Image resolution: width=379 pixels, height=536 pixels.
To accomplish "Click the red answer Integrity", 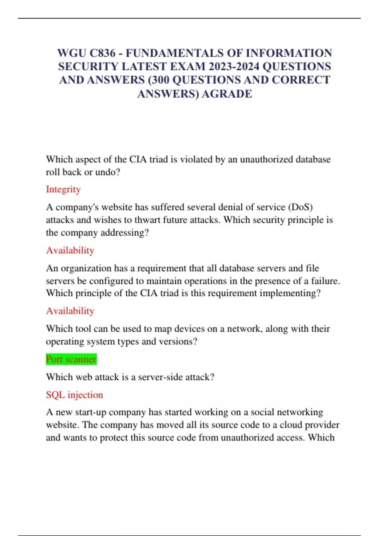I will (63, 189).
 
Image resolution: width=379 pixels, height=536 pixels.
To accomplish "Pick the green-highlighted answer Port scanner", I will (71, 359).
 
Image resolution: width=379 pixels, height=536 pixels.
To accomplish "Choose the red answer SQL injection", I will (75, 395).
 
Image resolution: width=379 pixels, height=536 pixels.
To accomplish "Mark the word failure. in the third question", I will (326, 281).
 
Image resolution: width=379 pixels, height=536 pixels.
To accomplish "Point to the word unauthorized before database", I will (266, 159).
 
